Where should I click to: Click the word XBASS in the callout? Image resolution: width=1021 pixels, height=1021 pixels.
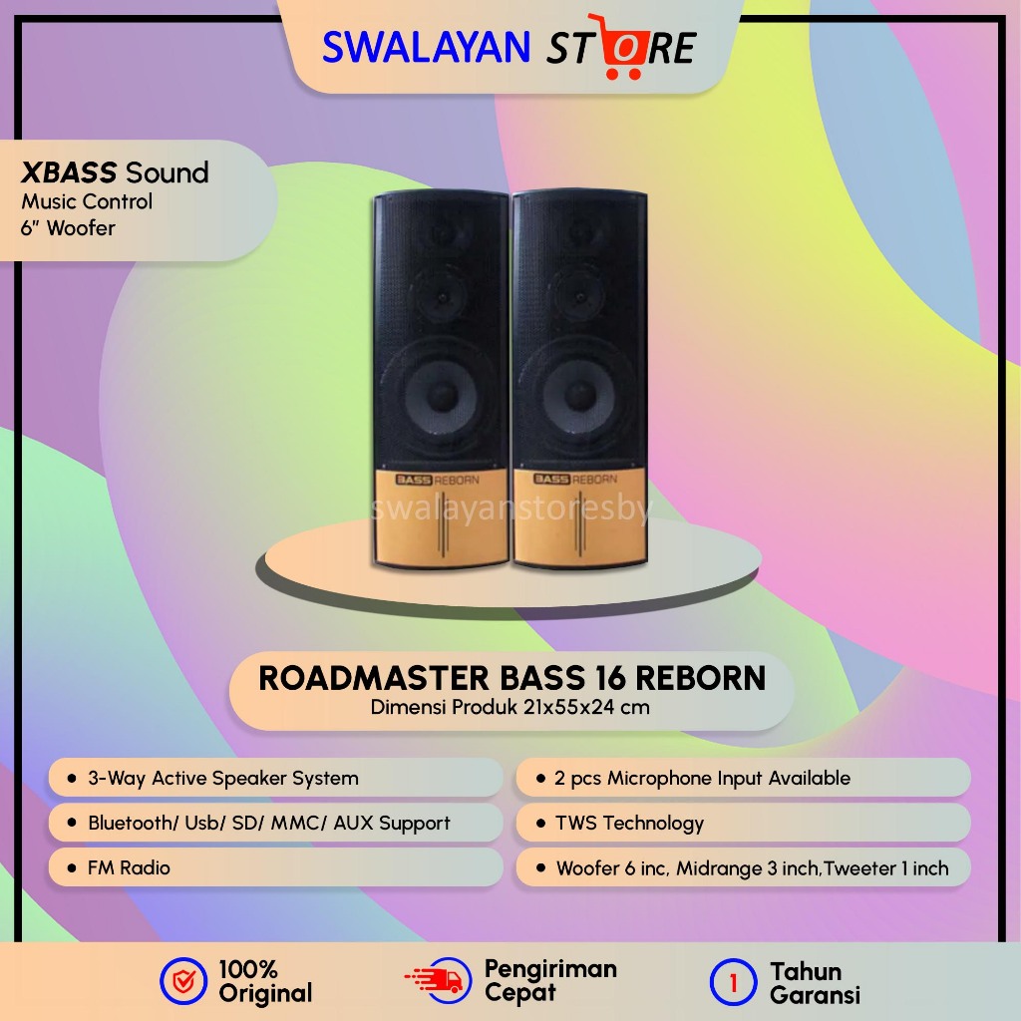coord(68,172)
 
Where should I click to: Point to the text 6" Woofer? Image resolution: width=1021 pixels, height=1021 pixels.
coord(69,228)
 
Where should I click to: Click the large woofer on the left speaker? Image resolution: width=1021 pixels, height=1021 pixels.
coord(440,391)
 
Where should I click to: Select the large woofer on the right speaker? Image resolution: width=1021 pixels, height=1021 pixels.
coord(578,391)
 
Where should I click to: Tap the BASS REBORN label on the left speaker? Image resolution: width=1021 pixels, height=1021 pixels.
coord(438,479)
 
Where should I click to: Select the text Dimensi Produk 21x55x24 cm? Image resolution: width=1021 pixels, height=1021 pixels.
coord(510,708)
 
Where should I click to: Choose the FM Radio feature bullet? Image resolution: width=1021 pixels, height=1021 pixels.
coord(129,868)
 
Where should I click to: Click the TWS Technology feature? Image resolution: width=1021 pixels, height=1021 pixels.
coord(628,823)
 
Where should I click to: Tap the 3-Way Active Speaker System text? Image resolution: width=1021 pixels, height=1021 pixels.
coord(222,778)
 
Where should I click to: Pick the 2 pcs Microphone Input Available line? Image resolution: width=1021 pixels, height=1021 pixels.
coord(702,778)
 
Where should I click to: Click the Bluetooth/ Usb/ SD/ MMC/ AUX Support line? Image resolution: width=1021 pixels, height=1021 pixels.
coord(268,823)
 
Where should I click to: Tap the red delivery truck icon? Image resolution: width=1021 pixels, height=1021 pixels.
coord(434,980)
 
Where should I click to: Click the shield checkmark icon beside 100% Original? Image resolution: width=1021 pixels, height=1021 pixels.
coord(183,982)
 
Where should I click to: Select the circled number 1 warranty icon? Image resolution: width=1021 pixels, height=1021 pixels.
coord(734,982)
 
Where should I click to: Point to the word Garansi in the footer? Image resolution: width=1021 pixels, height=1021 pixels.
coord(815,994)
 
